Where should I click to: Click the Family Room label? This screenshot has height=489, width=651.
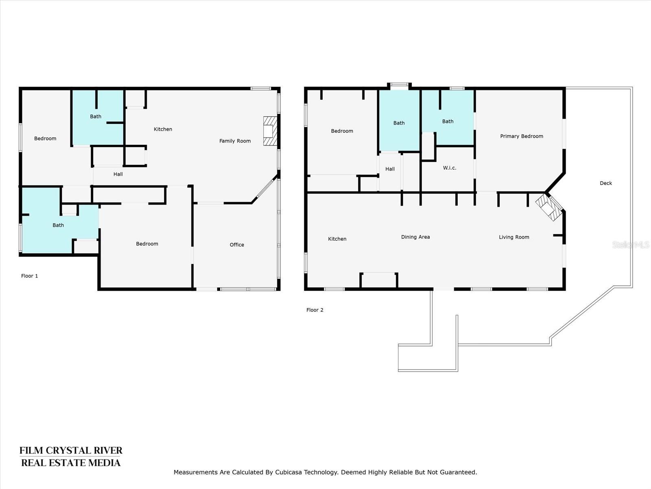(235, 141)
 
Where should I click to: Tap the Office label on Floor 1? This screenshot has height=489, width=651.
(237, 244)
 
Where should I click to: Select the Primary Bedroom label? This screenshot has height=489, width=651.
(522, 136)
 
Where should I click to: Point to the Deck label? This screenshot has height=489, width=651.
(606, 183)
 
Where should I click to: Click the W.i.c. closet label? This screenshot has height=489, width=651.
(450, 168)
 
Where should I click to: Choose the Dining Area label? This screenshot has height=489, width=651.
(415, 237)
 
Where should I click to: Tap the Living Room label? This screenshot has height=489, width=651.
(514, 237)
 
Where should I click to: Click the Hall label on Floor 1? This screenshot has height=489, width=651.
(118, 174)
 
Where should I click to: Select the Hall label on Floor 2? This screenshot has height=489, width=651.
(390, 169)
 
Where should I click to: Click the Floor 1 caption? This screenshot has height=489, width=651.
(29, 276)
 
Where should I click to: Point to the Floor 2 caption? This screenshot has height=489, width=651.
(315, 310)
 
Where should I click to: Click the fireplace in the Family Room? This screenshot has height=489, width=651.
(270, 131)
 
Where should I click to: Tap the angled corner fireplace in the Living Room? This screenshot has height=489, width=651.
(549, 207)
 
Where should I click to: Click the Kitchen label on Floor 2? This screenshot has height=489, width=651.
(337, 239)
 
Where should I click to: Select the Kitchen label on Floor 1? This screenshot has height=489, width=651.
(163, 129)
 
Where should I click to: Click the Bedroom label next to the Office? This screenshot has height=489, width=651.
(147, 244)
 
